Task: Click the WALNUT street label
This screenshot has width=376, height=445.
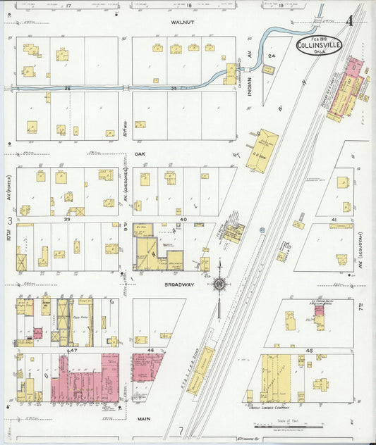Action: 182,23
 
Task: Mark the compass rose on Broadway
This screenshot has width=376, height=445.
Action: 219,284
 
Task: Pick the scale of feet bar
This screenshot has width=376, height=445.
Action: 279,426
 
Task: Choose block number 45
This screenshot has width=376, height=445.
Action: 308,350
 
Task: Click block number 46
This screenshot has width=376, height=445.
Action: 150,350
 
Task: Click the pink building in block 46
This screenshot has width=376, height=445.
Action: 147,366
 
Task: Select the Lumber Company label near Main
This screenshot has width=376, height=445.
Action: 272,407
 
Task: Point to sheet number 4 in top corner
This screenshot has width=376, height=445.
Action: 349,20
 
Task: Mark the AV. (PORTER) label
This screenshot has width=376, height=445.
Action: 9,185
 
